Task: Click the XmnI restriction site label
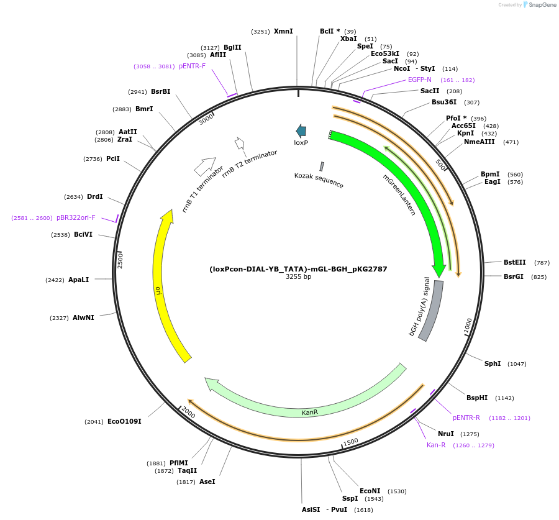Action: point(283,31)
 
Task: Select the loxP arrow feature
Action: point(301,130)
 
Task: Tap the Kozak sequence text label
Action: point(319,181)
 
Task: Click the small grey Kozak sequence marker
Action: point(322,166)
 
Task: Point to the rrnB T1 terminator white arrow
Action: point(204,166)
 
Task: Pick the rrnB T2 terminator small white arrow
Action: point(239,144)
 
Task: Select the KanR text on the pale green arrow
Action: point(309,412)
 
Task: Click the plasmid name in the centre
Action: point(298,269)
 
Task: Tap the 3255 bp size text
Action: point(298,277)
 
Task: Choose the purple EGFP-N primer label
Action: point(419,80)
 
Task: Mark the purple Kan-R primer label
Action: point(436,445)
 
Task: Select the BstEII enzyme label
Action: point(514,262)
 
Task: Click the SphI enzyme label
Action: point(493,363)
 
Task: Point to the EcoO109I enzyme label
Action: point(124,421)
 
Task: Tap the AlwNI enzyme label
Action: point(83,317)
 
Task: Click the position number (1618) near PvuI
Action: point(363,510)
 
